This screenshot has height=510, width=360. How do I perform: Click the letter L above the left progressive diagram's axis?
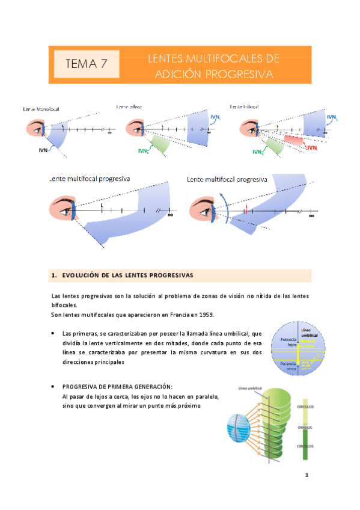coord(102,206)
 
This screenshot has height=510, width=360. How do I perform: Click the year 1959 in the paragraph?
coord(204,315)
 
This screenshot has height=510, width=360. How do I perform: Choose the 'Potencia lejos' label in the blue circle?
coord(281,342)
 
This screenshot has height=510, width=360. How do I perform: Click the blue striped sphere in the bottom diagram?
coord(240,430)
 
